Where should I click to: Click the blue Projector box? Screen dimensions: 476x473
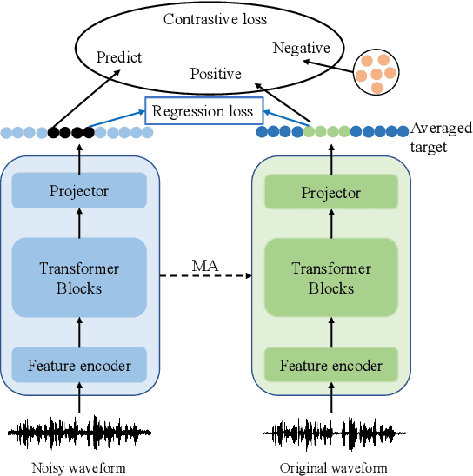click(x=79, y=191)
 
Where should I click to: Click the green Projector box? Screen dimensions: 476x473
click(x=330, y=191)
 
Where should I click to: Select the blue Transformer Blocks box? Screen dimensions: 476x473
click(x=79, y=278)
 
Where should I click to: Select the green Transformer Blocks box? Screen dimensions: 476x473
click(x=330, y=278)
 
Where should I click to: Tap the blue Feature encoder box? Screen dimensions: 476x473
click(x=79, y=366)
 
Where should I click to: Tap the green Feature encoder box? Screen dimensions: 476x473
click(x=330, y=366)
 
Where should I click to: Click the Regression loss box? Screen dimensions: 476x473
click(x=203, y=111)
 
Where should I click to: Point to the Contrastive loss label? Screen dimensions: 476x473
click(x=216, y=18)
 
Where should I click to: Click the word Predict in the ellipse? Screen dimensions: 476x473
click(x=119, y=57)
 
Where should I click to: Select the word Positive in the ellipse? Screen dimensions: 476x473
click(x=215, y=75)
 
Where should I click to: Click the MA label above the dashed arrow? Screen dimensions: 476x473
click(x=205, y=264)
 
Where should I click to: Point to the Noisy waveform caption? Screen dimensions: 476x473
click(x=79, y=468)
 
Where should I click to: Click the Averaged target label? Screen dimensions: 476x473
click(x=440, y=137)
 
